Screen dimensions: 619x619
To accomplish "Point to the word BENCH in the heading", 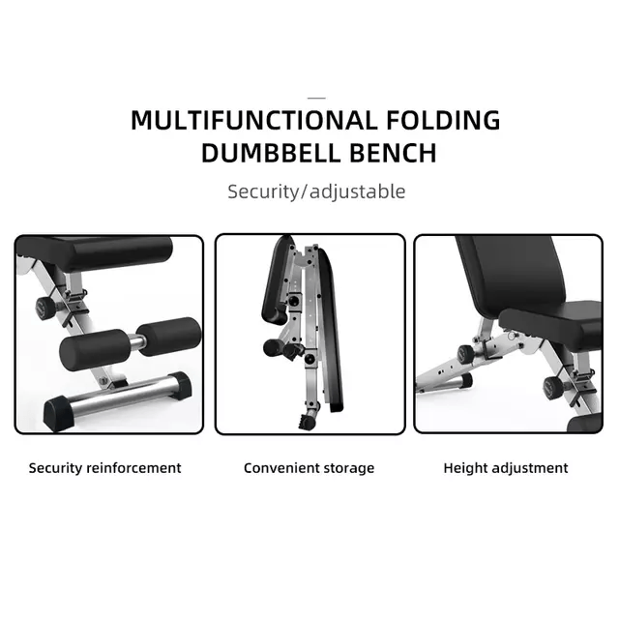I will (x=392, y=153).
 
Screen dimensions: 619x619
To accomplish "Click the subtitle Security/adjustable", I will (x=316, y=191).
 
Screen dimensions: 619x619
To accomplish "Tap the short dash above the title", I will (x=316, y=98).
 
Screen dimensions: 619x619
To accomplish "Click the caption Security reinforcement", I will (x=104, y=468).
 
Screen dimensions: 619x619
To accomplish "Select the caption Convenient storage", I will (x=309, y=468).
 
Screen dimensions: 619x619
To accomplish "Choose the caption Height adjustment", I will (x=506, y=468).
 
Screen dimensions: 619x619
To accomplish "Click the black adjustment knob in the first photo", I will (x=45, y=309).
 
